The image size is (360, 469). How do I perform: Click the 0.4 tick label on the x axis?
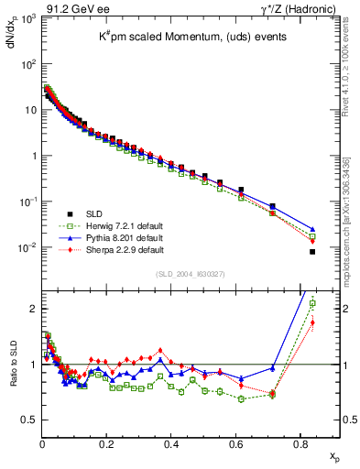click(x=171, y=446)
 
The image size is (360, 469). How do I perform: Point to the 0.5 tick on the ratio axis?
click(x=30, y=420)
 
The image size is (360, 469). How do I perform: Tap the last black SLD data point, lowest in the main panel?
click(x=312, y=251)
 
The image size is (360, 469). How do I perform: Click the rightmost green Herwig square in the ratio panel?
click(x=312, y=303)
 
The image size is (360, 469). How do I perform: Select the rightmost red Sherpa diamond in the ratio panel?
click(x=312, y=322)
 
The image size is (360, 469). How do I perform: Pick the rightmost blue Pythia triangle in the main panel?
click(x=312, y=230)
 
